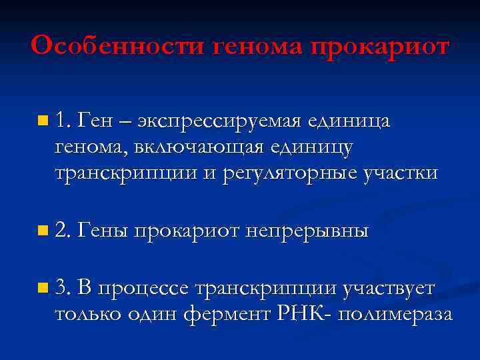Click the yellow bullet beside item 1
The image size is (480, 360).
pyautogui.click(x=43, y=121)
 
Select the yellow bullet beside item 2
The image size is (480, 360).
pyautogui.click(x=43, y=231)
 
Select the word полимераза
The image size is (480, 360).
pyautogui.click(x=395, y=315)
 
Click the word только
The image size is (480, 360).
pyautogui.click(x=88, y=315)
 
